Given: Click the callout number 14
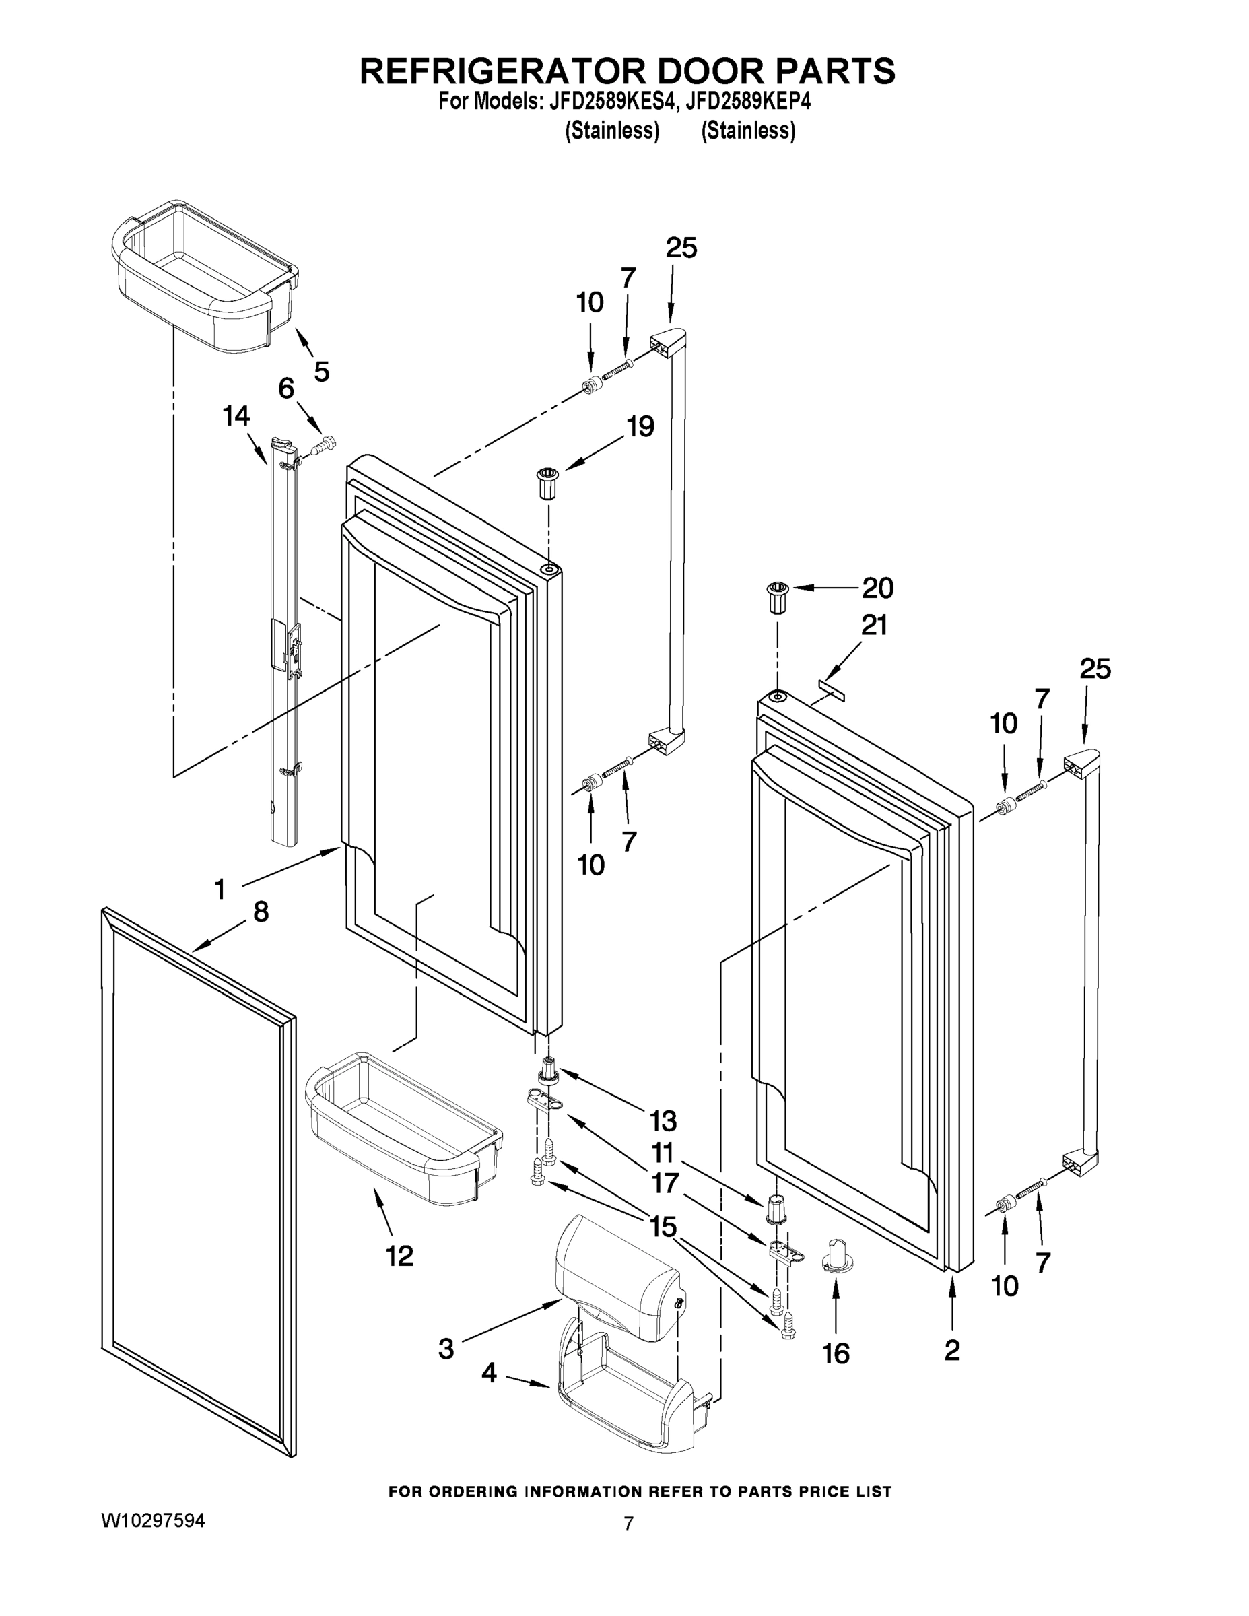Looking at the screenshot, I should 236,417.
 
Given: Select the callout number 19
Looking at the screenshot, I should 641,427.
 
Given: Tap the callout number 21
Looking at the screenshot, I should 874,626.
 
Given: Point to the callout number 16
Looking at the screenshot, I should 836,1354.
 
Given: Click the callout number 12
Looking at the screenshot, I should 399,1256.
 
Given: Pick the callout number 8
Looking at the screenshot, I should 261,912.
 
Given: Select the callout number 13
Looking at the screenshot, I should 663,1121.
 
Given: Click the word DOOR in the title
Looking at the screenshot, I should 702,70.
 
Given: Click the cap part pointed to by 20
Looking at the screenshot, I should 776,598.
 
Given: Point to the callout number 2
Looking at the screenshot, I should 952,1350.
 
